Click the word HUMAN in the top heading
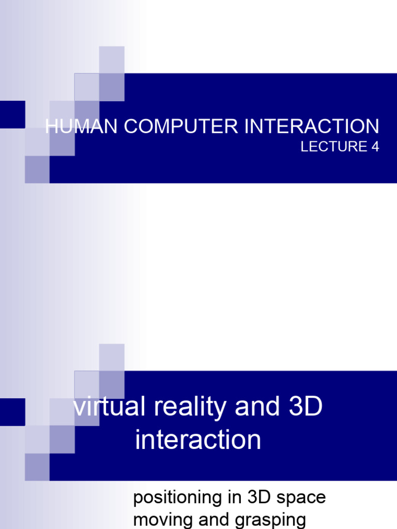tap(81, 126)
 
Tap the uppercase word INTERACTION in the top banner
tap(312, 126)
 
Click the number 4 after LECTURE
tap(375, 146)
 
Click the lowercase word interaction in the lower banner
tap(198, 440)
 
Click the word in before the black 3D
tap(236, 497)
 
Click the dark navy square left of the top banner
tap(12, 114)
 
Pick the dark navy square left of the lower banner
tap(12, 412)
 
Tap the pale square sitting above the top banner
tap(112, 60)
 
